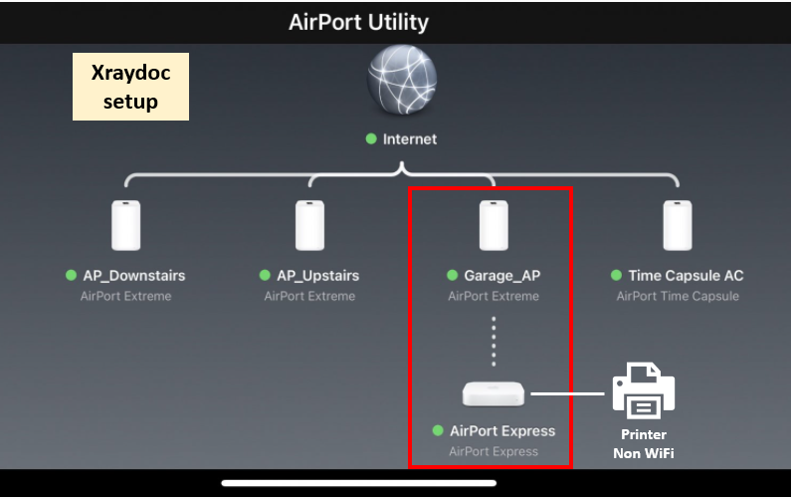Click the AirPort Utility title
(358, 22)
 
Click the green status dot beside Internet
(371, 139)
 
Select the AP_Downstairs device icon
(125, 226)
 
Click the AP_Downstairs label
(133, 275)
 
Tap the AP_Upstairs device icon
(309, 226)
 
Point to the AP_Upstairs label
(317, 275)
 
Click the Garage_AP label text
(501, 275)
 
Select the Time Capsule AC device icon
(678, 226)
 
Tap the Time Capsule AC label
(686, 275)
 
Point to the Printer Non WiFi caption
(643, 444)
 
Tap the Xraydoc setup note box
(130, 88)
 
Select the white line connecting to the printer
(567, 393)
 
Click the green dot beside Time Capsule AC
(617, 275)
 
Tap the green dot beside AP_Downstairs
(71, 275)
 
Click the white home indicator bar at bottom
(358, 484)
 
